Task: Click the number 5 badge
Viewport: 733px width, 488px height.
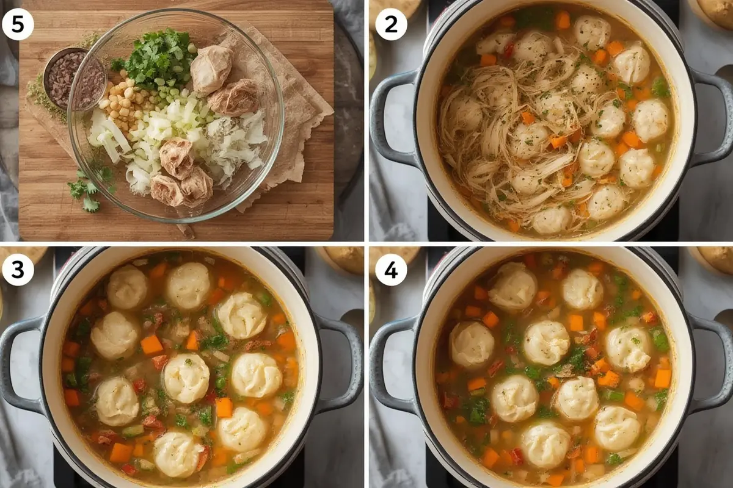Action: click(x=18, y=24)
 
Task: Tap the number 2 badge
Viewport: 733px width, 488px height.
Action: click(x=391, y=24)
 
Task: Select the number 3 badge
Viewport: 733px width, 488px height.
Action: click(x=18, y=270)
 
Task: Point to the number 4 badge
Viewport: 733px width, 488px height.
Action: click(x=391, y=270)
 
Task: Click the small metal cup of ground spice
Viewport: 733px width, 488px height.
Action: click(x=62, y=79)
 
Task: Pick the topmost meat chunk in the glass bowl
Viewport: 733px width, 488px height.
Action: click(x=212, y=69)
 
